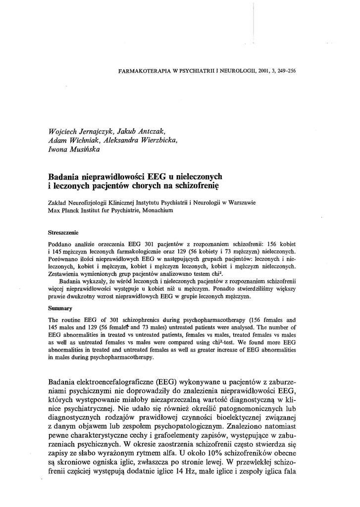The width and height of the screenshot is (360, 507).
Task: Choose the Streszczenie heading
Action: point(63,232)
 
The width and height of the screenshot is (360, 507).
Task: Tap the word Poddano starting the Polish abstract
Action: point(60,244)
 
